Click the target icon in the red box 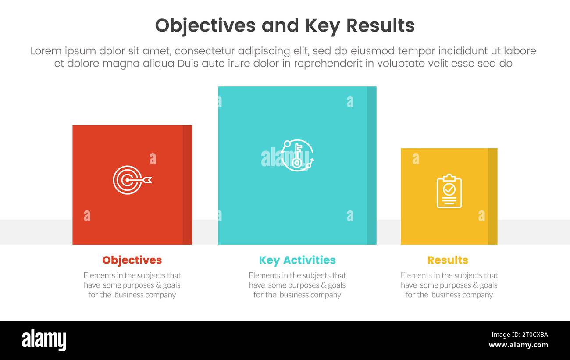pyautogui.click(x=132, y=180)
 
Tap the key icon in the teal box pyautogui.click(x=297, y=155)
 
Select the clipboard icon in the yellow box pyautogui.click(x=449, y=191)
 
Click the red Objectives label pyautogui.click(x=132, y=260)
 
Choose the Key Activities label pyautogui.click(x=297, y=260)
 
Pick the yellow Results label pyautogui.click(x=448, y=260)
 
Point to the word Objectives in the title pyautogui.click(x=205, y=26)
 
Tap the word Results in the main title pyautogui.click(x=380, y=26)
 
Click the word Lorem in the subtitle pyautogui.click(x=46, y=51)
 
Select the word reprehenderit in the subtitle pyautogui.click(x=328, y=64)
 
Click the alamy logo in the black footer pyautogui.click(x=44, y=340)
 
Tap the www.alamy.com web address pyautogui.click(x=518, y=345)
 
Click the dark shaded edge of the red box pyautogui.click(x=187, y=185)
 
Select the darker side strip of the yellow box pyautogui.click(x=492, y=196)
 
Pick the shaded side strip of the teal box pyautogui.click(x=371, y=165)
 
